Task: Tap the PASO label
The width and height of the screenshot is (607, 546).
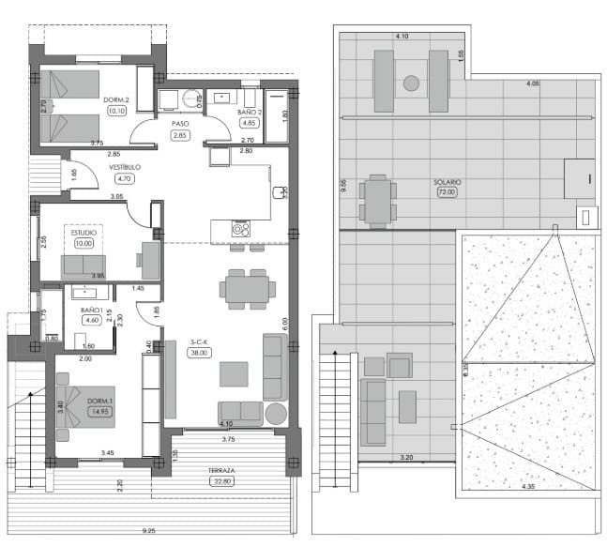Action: point(181,123)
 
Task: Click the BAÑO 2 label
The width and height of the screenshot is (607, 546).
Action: point(249,111)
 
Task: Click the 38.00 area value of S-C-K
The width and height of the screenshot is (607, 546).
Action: point(198,353)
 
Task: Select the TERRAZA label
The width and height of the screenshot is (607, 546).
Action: point(221,470)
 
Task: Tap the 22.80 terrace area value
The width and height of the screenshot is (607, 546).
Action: point(221,482)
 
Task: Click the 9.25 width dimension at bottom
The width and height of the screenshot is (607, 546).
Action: point(149,531)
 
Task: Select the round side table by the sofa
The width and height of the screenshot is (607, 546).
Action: point(276,413)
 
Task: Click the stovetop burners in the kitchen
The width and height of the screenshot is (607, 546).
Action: point(241,227)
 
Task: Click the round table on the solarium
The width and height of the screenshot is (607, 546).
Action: point(411,83)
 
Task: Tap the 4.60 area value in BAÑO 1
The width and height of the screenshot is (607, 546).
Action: point(91,321)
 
